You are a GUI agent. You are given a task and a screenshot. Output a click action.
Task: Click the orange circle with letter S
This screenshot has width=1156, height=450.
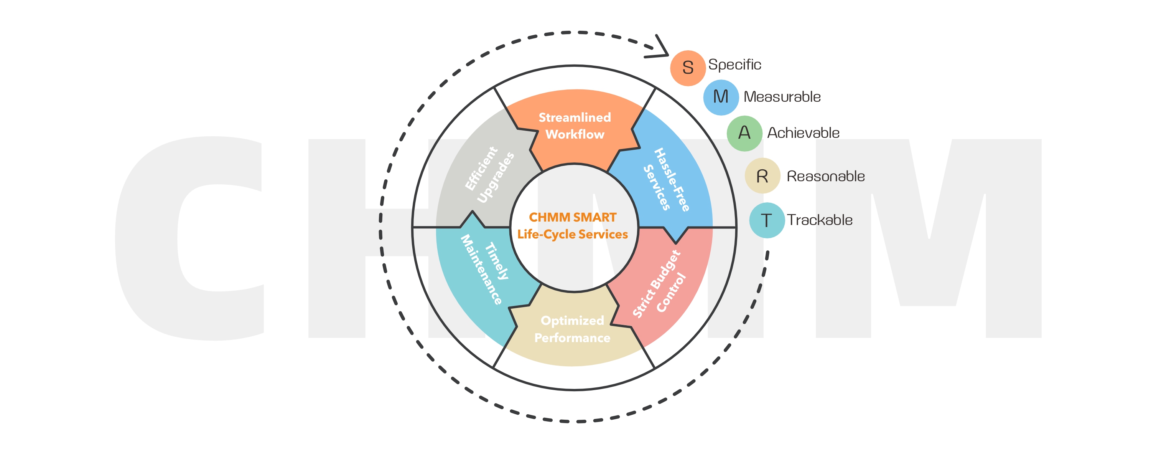(x=687, y=68)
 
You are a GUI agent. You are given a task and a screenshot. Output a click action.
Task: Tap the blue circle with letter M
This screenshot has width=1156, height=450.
(x=721, y=97)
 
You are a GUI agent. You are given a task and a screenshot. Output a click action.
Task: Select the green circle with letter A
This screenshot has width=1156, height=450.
(x=744, y=133)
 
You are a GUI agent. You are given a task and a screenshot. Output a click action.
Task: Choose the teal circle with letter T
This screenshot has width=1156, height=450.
(x=766, y=220)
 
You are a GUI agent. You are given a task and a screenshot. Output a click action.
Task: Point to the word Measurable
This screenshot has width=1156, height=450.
(x=782, y=97)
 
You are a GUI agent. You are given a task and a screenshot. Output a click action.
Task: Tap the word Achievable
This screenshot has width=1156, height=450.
(x=803, y=133)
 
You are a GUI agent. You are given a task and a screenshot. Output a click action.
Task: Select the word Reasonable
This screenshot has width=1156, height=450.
(x=826, y=177)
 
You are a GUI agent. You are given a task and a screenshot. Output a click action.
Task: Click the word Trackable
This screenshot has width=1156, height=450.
(x=819, y=220)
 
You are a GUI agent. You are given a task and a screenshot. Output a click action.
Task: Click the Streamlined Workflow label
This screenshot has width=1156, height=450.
(x=575, y=126)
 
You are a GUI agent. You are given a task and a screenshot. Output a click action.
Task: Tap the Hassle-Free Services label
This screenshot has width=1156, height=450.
(x=666, y=180)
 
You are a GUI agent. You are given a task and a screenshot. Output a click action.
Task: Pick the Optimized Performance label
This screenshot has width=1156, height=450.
(x=572, y=329)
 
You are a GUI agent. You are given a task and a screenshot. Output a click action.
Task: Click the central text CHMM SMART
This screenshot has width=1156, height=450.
(x=573, y=217)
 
